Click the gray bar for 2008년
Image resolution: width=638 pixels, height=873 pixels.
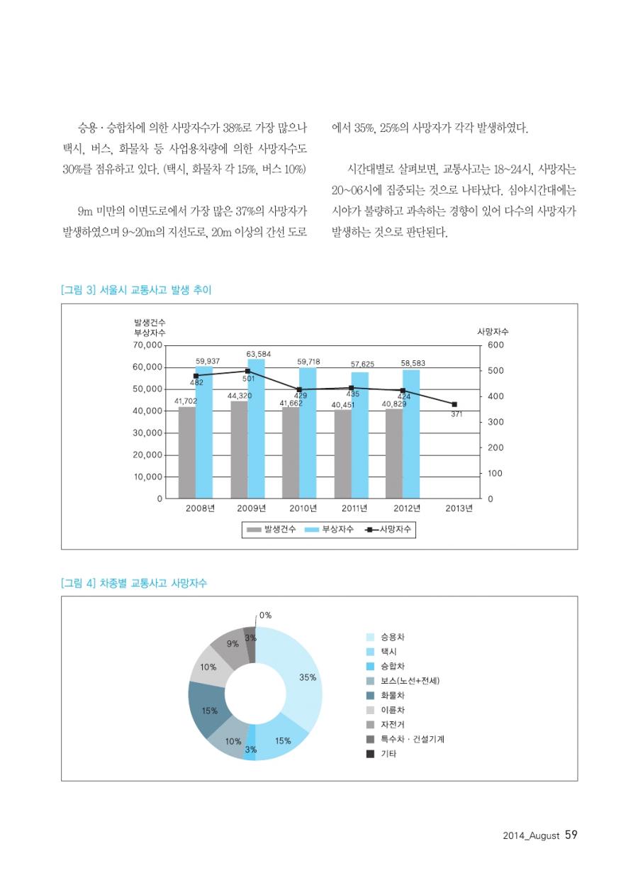tap(186, 452)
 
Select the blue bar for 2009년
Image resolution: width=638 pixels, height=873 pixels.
tap(256, 428)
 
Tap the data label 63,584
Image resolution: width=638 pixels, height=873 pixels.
tap(259, 353)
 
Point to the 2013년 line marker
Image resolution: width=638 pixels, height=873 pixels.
tap(454, 404)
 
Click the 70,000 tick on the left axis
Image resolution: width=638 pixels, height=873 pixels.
tap(149, 345)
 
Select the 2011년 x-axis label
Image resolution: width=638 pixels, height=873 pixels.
tap(354, 508)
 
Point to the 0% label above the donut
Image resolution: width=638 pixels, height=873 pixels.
tap(265, 615)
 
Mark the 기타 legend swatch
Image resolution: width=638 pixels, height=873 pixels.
tap(370, 754)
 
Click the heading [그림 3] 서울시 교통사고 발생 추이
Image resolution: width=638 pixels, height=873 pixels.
tap(136, 289)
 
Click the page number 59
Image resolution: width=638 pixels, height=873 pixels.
tap(571, 835)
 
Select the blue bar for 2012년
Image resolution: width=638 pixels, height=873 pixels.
tap(411, 433)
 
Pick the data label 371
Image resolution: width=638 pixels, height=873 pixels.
tap(457, 413)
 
